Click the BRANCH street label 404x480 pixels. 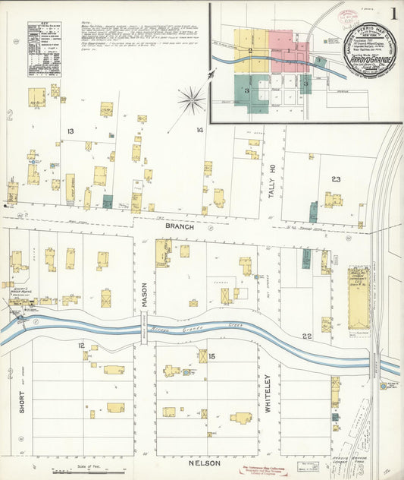click(180, 226)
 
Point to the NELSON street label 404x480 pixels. click(204, 463)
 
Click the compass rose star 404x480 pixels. click(191, 99)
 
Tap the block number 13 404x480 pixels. click(70, 131)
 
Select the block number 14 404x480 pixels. click(199, 131)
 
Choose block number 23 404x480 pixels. click(335, 179)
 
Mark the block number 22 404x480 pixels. click(307, 336)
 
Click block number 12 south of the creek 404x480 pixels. click(80, 346)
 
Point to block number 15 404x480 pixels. click(211, 356)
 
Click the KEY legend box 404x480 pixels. click(44, 49)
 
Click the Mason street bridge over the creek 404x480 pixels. click(143, 330)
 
